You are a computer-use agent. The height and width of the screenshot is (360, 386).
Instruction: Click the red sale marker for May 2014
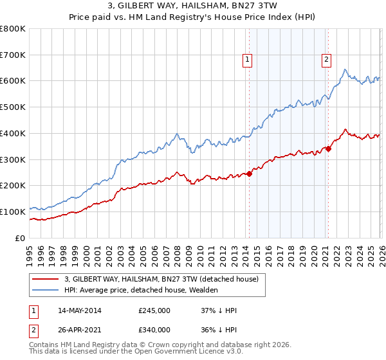pyautogui.click(x=249, y=174)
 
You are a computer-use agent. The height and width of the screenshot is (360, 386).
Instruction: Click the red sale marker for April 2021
pyautogui.click(x=328, y=148)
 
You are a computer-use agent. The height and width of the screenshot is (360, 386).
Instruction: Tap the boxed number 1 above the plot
pyautogui.click(x=248, y=60)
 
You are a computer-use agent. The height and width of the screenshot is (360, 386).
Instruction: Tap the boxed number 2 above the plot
pyautogui.click(x=327, y=60)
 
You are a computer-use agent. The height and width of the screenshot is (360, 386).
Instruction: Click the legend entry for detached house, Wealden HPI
pyautogui.click(x=141, y=291)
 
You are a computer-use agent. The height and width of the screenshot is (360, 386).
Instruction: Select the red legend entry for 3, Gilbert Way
pyautogui.click(x=161, y=279)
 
